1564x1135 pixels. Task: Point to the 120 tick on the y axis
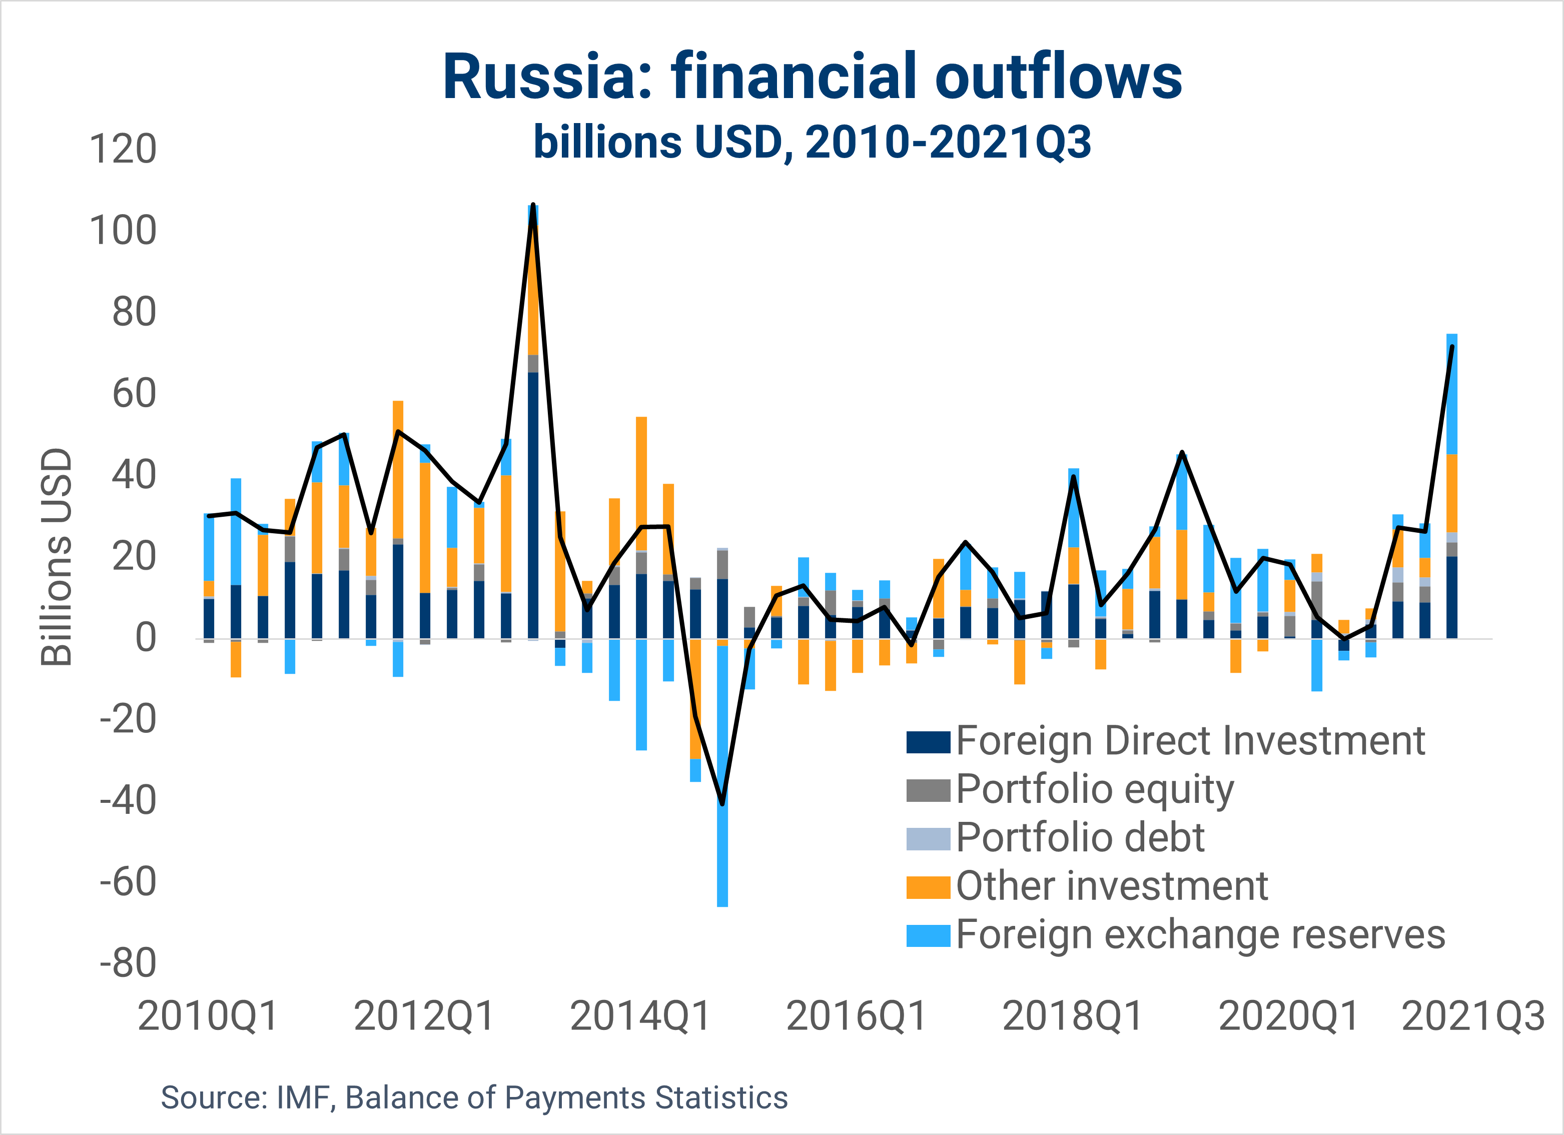(x=123, y=149)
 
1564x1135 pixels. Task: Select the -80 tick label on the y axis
(x=128, y=963)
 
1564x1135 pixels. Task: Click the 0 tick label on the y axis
(x=146, y=638)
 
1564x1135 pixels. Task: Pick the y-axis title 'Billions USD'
(x=57, y=557)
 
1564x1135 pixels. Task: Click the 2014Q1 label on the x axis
(x=640, y=1016)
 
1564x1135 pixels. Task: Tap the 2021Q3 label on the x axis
(x=1473, y=1016)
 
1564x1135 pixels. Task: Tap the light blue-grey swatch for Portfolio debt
(x=928, y=838)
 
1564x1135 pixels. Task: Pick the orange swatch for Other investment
(x=928, y=887)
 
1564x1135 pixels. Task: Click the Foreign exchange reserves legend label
(x=1200, y=935)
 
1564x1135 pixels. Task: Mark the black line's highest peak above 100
(x=533, y=206)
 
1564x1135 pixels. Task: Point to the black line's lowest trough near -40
(x=722, y=803)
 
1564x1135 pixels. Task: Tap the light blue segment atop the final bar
(x=1451, y=394)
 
